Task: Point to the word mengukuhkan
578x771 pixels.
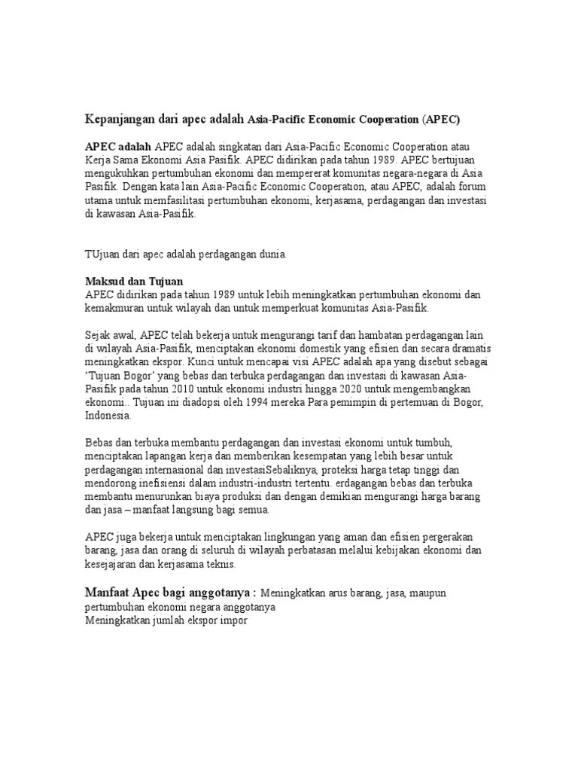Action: pos(119,172)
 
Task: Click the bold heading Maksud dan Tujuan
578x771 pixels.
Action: pos(135,281)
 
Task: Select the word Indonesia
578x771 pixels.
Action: pos(108,415)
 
